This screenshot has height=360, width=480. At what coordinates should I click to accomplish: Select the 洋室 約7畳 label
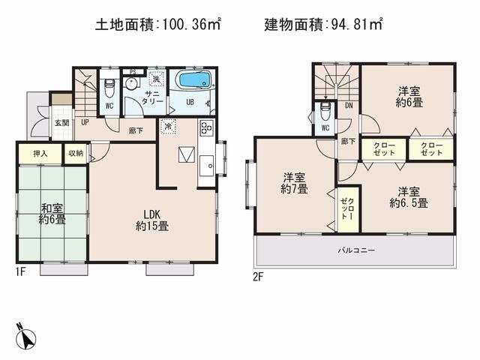[x=294, y=183]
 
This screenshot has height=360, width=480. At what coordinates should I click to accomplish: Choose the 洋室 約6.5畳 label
[x=409, y=196]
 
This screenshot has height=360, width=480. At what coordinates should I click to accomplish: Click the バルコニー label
[x=355, y=249]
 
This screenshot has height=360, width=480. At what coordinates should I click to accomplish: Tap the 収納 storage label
[x=76, y=153]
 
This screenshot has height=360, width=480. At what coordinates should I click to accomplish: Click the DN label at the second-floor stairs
[x=349, y=106]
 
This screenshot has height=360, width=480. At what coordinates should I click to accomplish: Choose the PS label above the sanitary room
[x=133, y=71]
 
